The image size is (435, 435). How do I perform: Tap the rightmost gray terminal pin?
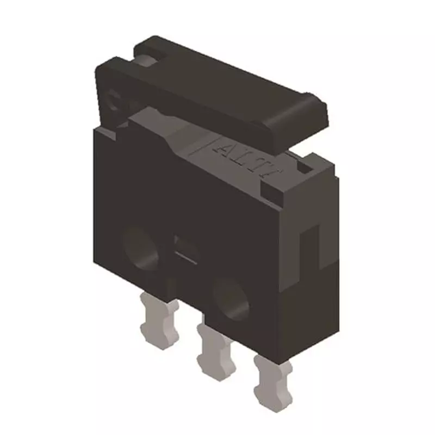pos(271,380)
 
